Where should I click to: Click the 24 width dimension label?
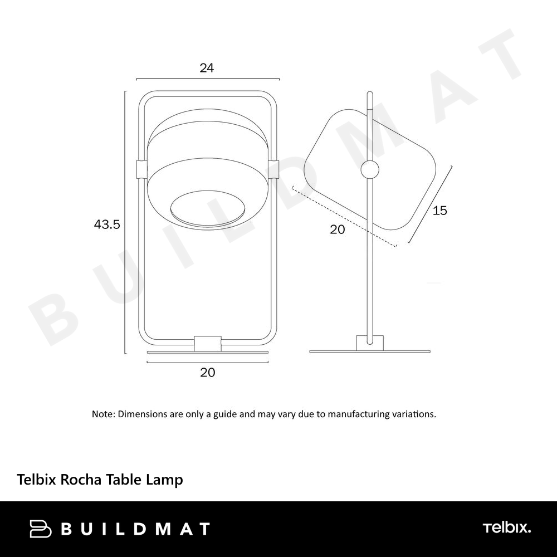[207, 68]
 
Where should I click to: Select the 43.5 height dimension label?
[107, 224]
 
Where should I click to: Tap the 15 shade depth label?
[439, 211]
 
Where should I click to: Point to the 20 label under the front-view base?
[207, 373]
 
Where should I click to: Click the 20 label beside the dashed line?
[337, 229]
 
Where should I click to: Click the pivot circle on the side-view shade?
[370, 169]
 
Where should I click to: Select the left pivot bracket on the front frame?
[141, 169]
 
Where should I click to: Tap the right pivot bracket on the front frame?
[274, 169]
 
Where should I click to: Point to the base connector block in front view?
[208, 344]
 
